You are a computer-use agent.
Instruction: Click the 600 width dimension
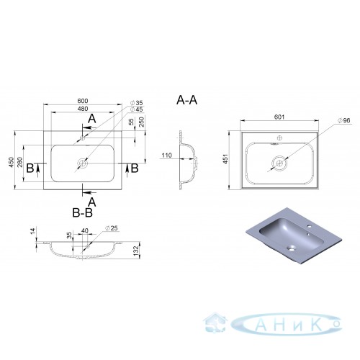tap(83, 101)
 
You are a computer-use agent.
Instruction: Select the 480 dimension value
tap(83, 109)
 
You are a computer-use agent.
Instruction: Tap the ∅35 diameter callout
tap(136, 103)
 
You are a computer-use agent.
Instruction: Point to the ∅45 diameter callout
tap(136, 109)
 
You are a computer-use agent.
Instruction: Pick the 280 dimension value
tap(19, 162)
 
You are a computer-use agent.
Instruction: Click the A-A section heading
tap(186, 100)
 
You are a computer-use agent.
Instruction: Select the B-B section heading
tap(82, 212)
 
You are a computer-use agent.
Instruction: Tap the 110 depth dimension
tap(167, 156)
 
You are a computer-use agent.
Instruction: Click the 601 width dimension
tap(279, 117)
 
